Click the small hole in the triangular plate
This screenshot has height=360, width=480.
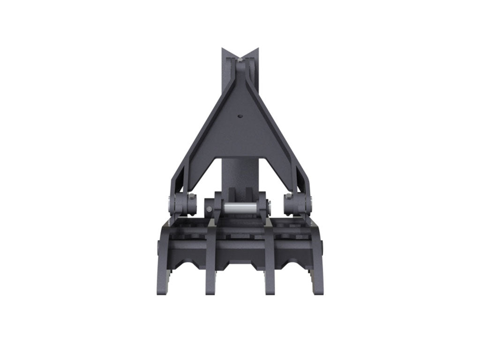pyautogui.click(x=240, y=117)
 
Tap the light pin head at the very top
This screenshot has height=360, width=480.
pyautogui.click(x=240, y=60)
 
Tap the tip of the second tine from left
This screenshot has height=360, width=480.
pyautogui.click(x=210, y=292)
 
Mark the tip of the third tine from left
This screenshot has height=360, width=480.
pyautogui.click(x=270, y=292)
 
